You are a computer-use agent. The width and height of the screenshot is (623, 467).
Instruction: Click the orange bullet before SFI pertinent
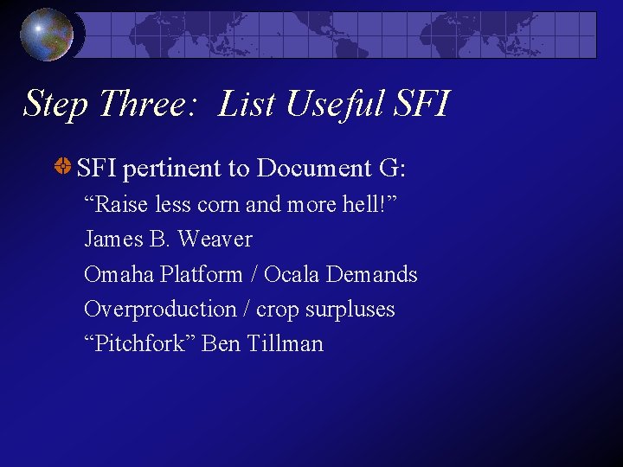click(x=63, y=167)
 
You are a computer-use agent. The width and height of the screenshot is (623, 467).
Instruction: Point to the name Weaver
click(x=215, y=240)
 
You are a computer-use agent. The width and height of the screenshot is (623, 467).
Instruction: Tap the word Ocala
click(x=292, y=274)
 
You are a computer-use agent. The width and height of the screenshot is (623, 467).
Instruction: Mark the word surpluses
click(x=351, y=309)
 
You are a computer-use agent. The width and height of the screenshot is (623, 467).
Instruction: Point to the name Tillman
click(x=285, y=343)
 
